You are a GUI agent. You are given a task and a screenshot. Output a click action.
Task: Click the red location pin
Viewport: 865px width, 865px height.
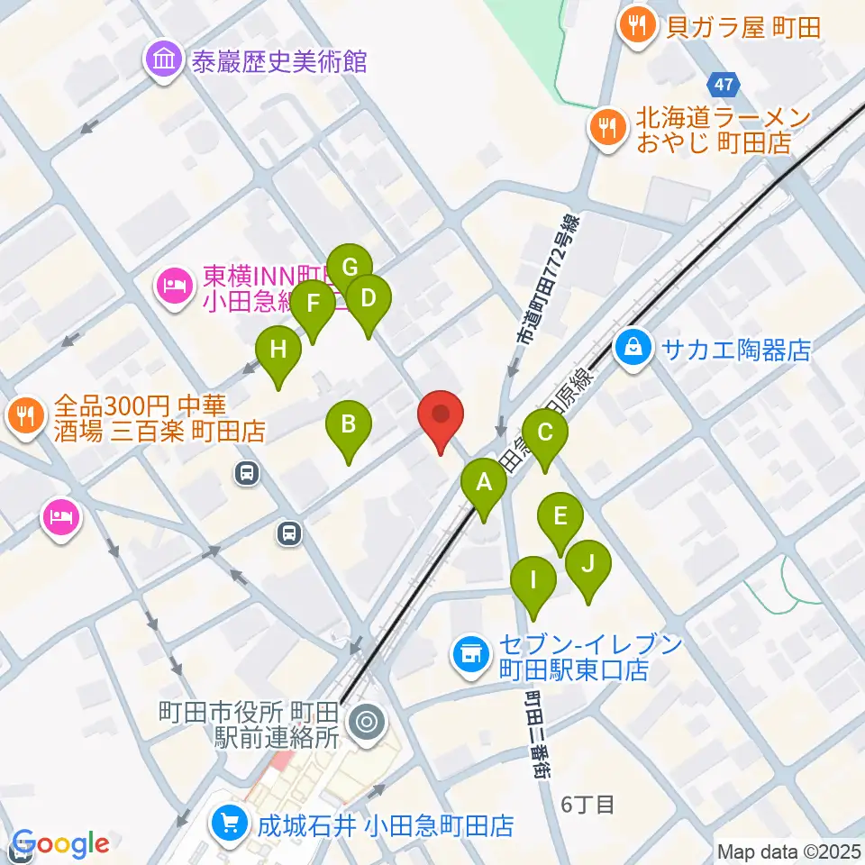pos(441,415)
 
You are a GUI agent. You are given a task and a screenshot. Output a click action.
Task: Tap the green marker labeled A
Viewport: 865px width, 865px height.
pos(484,483)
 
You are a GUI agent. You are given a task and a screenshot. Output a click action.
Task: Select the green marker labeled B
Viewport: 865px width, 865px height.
pos(349,424)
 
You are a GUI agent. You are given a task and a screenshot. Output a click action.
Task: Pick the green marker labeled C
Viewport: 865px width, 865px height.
pos(544,433)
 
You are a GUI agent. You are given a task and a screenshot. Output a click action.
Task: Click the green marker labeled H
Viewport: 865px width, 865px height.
pos(278,351)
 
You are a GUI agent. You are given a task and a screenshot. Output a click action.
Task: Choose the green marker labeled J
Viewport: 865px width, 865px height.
pos(588,565)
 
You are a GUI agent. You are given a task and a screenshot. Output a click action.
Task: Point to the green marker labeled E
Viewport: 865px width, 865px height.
pos(560,518)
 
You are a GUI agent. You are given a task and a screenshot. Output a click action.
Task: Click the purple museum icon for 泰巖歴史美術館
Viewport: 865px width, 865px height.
pos(164,60)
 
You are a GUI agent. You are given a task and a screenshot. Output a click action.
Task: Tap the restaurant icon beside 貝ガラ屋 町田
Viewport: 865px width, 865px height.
pos(639,26)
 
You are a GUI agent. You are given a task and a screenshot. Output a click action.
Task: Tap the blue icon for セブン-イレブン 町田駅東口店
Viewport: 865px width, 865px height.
pos(469,656)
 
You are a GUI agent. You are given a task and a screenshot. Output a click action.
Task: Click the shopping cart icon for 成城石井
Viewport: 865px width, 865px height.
pos(229,824)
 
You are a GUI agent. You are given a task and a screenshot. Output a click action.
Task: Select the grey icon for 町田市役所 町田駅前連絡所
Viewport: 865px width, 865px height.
pos(366,722)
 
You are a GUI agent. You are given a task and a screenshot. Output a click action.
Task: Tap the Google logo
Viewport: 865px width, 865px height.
pos(59,844)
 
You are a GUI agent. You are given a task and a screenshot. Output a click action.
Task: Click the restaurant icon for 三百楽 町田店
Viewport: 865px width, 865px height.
pos(24,415)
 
